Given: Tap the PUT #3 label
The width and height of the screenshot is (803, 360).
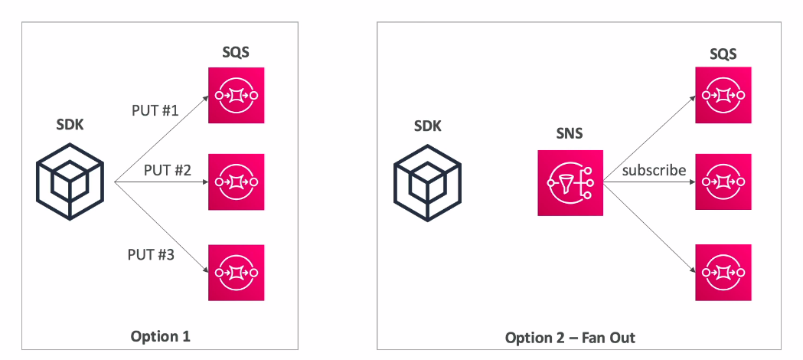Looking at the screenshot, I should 151,254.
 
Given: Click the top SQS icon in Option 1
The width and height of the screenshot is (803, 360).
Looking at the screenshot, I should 237,95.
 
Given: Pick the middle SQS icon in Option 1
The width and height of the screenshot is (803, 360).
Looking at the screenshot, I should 237,182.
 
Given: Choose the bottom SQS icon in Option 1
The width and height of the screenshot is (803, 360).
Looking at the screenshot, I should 237,272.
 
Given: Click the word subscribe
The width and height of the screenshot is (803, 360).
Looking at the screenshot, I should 654,170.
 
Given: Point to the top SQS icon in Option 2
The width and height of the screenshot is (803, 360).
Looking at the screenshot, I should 723,95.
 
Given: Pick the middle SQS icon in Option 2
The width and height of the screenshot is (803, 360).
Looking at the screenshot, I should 723,182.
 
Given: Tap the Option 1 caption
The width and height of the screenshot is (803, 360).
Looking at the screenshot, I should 160,336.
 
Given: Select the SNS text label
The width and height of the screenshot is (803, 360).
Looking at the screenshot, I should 570,133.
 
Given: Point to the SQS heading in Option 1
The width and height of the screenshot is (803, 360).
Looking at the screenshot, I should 236,53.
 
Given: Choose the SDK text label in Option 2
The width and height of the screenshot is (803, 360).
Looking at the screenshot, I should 428,126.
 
